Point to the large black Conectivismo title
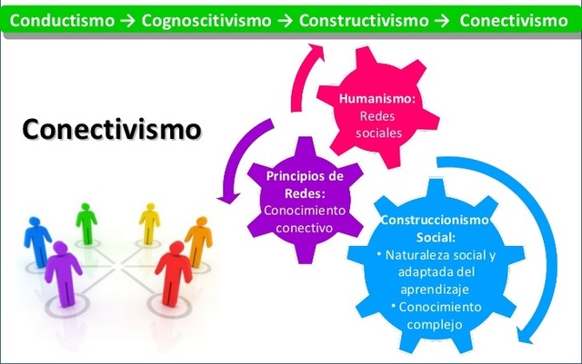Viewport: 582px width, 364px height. [x=111, y=129]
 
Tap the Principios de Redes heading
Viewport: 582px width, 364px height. [x=304, y=182]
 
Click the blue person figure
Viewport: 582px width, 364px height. [x=37, y=238]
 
